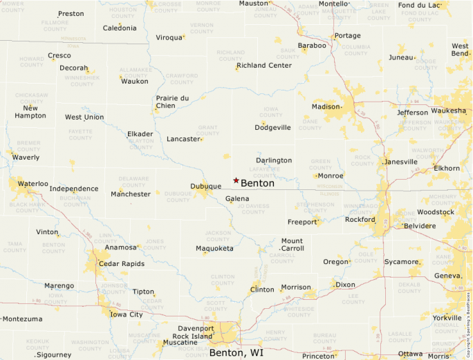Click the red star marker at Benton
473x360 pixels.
click(236, 180)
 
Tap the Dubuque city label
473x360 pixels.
click(205, 186)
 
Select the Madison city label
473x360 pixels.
click(326, 106)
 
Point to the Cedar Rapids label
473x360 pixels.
click(122, 264)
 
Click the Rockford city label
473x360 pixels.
click(360, 220)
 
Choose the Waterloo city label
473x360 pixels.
click(33, 184)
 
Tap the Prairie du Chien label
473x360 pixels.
click(172, 102)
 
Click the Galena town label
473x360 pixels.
click(237, 199)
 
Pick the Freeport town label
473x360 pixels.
click(302, 222)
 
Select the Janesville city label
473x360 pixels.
click(401, 162)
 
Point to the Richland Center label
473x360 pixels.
click(264, 66)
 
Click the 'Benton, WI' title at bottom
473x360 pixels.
click(236, 352)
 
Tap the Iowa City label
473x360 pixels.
click(127, 314)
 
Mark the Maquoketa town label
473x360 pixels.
click(214, 248)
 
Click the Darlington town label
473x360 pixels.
click(274, 160)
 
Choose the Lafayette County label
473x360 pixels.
click(270, 173)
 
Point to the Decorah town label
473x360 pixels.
click(73, 68)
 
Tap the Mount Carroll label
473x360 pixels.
click(292, 245)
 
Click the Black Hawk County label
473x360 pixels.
click(27, 207)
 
